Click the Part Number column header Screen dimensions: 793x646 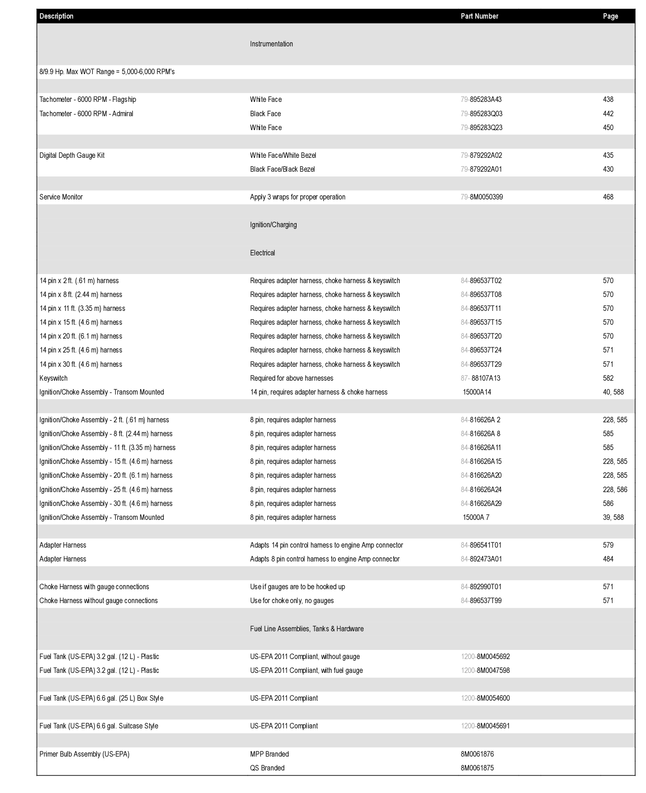[x=479, y=16]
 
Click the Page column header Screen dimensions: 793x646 [x=610, y=16]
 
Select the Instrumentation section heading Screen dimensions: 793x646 [x=271, y=44]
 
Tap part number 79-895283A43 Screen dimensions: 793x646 [x=481, y=99]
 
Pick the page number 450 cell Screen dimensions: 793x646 [x=608, y=127]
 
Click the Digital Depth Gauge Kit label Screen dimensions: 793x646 [x=72, y=155]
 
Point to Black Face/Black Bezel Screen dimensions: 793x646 [x=282, y=169]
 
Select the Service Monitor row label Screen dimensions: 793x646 [x=61, y=197]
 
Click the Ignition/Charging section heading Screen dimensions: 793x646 [x=273, y=225]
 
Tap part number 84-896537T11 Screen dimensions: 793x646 [x=481, y=308]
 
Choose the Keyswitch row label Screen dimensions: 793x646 [x=53, y=378]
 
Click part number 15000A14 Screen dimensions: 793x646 [x=477, y=392]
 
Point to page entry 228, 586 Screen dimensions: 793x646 [x=615, y=490]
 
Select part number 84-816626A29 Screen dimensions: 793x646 [x=481, y=503]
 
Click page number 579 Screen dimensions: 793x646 [x=608, y=545]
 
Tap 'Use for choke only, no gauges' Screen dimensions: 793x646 [x=292, y=600]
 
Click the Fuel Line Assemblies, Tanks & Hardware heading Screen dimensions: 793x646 [x=307, y=629]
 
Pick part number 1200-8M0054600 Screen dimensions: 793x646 [x=485, y=698]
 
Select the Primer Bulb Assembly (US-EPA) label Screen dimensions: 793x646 [x=84, y=754]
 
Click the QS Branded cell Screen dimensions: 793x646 [x=267, y=768]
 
